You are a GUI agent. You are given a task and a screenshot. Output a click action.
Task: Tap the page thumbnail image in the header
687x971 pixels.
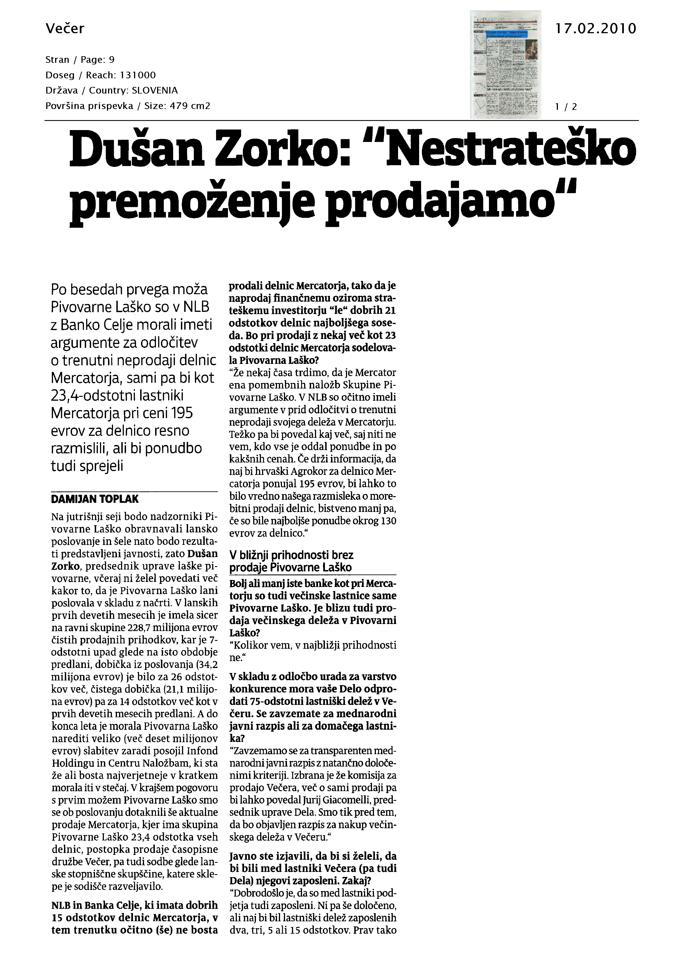pyautogui.click(x=505, y=64)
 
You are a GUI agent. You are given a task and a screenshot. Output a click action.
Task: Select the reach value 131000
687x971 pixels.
pyautogui.click(x=138, y=75)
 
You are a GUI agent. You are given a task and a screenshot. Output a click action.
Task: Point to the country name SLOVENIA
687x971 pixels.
pyautogui.click(x=155, y=90)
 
